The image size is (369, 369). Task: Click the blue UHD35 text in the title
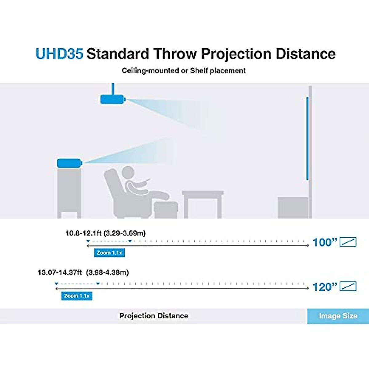59,54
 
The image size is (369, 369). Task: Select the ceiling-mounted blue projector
113,99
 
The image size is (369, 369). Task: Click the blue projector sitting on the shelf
69,163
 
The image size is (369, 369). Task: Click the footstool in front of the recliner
166,210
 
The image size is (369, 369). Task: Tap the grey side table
203,204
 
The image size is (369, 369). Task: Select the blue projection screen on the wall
307,138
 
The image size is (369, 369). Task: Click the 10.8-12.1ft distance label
105,233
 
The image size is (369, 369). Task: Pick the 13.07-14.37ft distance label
83,272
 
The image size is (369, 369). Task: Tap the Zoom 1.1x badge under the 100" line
109,253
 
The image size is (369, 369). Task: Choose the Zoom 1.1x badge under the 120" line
77,296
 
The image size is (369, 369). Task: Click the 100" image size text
325,242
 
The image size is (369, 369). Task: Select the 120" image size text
325,287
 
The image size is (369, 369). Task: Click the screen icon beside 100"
348,242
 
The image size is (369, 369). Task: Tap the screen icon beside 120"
348,286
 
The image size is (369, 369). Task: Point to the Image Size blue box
338,316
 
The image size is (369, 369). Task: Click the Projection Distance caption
153,316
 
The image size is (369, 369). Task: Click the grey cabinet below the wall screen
293,208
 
